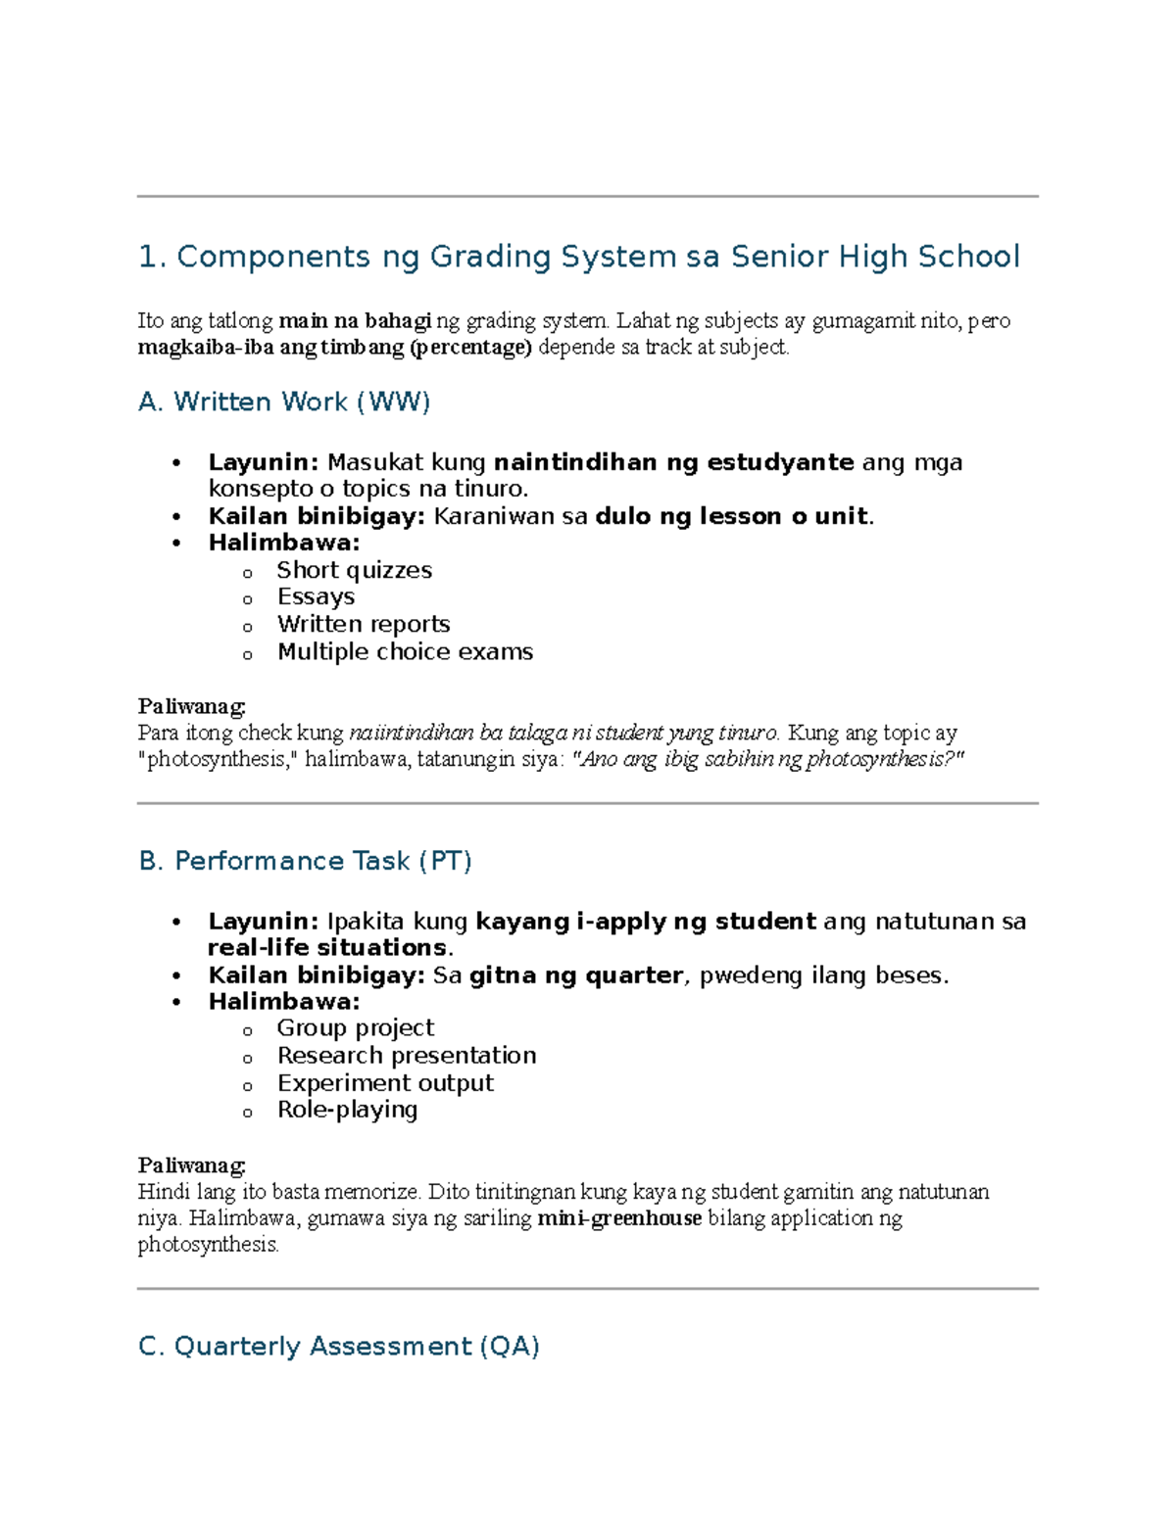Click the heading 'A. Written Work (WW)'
(x=284, y=402)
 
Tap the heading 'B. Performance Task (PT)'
(x=305, y=861)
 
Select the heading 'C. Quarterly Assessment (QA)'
(x=339, y=1346)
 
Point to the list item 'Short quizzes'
(x=354, y=570)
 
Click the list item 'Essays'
(x=316, y=596)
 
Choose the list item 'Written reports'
(x=363, y=624)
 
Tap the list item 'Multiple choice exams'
(x=405, y=651)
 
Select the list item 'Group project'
(x=355, y=1027)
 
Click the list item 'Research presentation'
(x=406, y=1055)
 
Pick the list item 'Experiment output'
(x=385, y=1082)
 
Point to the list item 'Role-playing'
(x=347, y=1110)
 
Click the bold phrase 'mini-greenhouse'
(x=619, y=1218)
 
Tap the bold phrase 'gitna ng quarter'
(x=575, y=975)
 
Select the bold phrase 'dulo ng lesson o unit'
(x=731, y=516)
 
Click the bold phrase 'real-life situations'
(x=327, y=948)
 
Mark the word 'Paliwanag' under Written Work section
(x=191, y=706)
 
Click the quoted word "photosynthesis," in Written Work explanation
(x=217, y=759)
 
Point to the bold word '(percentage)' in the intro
(x=469, y=347)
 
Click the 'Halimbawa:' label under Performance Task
(x=283, y=1001)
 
